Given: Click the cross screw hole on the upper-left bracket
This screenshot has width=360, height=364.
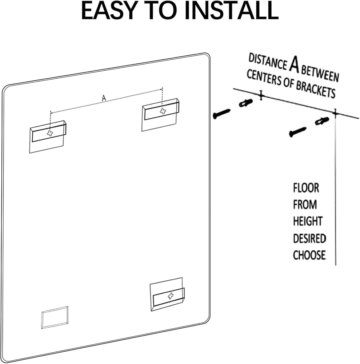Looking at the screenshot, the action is [50, 134].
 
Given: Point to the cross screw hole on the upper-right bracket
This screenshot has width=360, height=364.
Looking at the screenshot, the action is [163, 111].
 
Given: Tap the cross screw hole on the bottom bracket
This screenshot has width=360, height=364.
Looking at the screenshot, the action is [170, 296].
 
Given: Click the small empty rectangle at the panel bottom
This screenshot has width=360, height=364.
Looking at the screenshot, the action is [55, 317].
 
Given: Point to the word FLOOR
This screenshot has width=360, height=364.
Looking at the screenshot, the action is [306, 188].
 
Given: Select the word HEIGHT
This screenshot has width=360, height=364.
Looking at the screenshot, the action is [308, 221].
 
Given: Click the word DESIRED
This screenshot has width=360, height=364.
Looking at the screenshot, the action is [309, 238].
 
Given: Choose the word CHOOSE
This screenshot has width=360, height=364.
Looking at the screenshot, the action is [309, 255].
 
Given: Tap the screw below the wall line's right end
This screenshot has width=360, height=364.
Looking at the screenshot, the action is [297, 132].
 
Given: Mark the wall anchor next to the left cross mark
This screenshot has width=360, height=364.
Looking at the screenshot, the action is [246, 103].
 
